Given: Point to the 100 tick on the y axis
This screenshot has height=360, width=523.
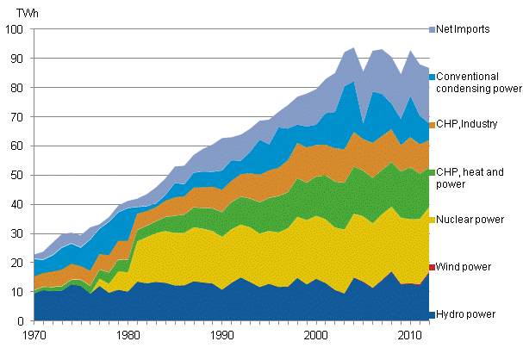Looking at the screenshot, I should pyautogui.click(x=15, y=29).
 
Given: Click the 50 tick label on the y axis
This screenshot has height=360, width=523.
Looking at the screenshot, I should pyautogui.click(x=17, y=176).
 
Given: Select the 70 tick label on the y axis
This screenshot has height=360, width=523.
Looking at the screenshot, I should pyautogui.click(x=17, y=117).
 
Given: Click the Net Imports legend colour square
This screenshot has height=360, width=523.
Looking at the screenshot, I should pyautogui.click(x=431, y=29).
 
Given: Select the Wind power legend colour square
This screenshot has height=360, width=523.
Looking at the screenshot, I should pyautogui.click(x=431, y=267).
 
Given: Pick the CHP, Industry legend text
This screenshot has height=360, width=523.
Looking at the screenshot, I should pyautogui.click(x=468, y=124).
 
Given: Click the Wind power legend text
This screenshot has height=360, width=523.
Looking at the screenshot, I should pyautogui.click(x=466, y=267).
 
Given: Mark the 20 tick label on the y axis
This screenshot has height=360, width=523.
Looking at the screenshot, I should pyautogui.click(x=17, y=263).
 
